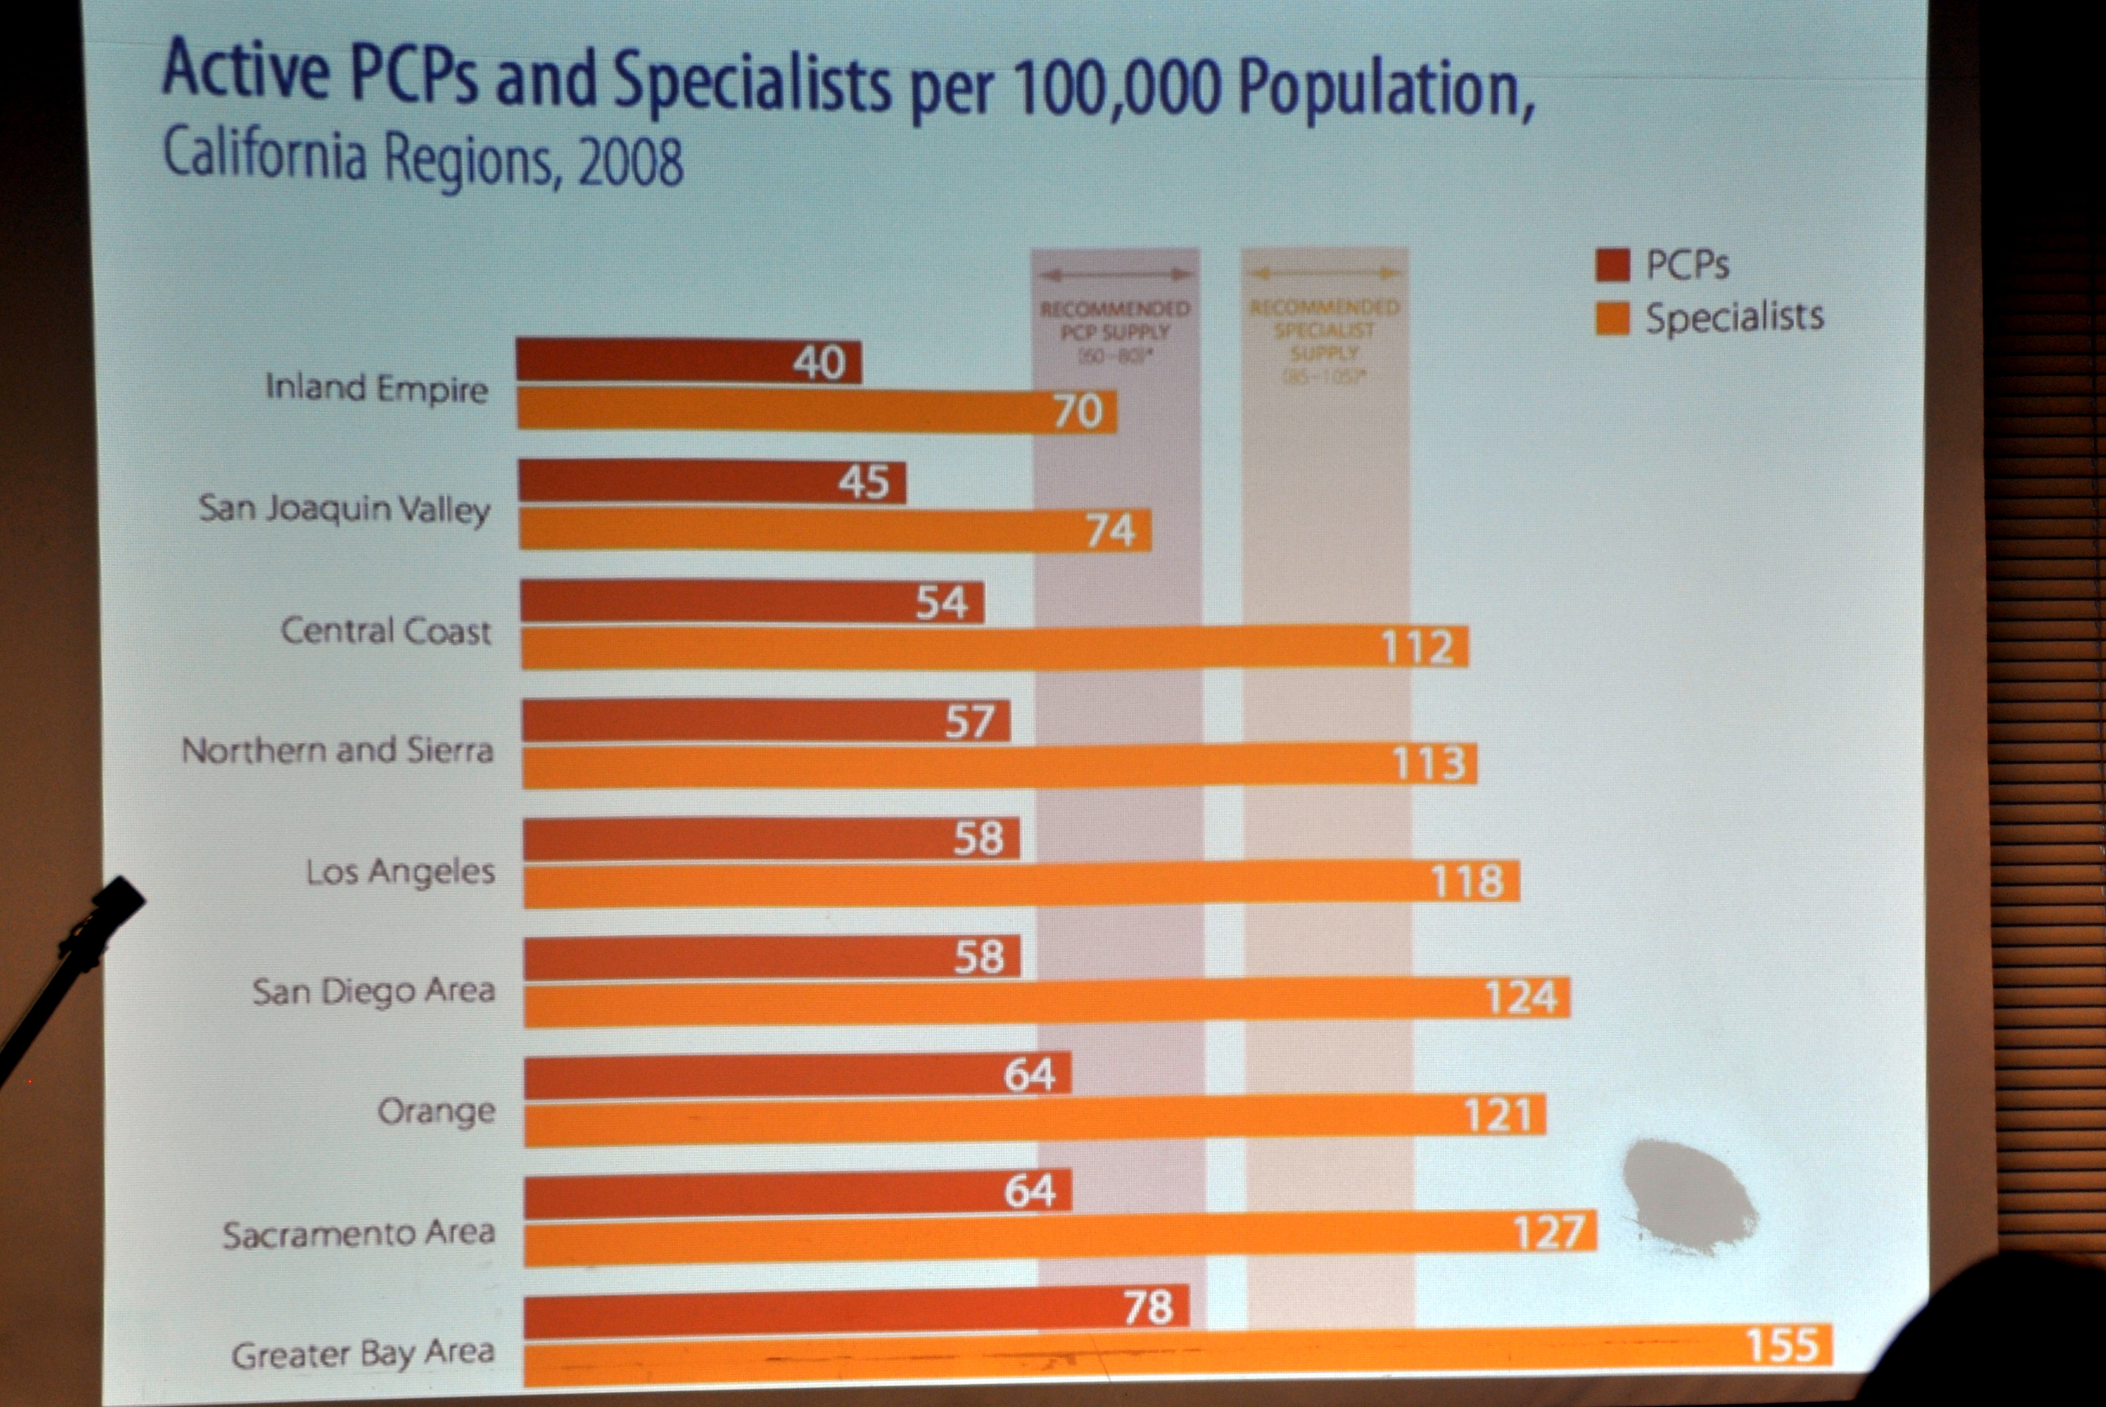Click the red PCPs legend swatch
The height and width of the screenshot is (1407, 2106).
pyautogui.click(x=1611, y=265)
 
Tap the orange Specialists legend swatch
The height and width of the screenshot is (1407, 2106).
pyautogui.click(x=1611, y=319)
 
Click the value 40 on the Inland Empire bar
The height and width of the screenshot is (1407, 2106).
pyautogui.click(x=818, y=363)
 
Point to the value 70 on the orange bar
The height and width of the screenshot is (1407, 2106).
pyautogui.click(x=1077, y=412)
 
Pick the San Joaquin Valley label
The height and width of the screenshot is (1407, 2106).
pyautogui.click(x=345, y=508)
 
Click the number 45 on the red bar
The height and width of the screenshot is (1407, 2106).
pyautogui.click(x=863, y=483)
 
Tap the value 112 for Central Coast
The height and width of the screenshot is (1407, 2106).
pyautogui.click(x=1416, y=647)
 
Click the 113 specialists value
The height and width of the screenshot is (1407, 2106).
pyautogui.click(x=1428, y=764)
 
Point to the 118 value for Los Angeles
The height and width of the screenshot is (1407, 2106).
pyautogui.click(x=1466, y=881)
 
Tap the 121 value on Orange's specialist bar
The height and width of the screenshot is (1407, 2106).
pyautogui.click(x=1497, y=1115)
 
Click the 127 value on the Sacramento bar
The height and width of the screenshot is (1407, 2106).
pyautogui.click(x=1548, y=1232)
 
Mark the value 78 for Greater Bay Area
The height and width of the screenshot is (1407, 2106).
pyautogui.click(x=1148, y=1308)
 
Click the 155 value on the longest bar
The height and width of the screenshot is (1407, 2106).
pyautogui.click(x=1781, y=1345)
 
